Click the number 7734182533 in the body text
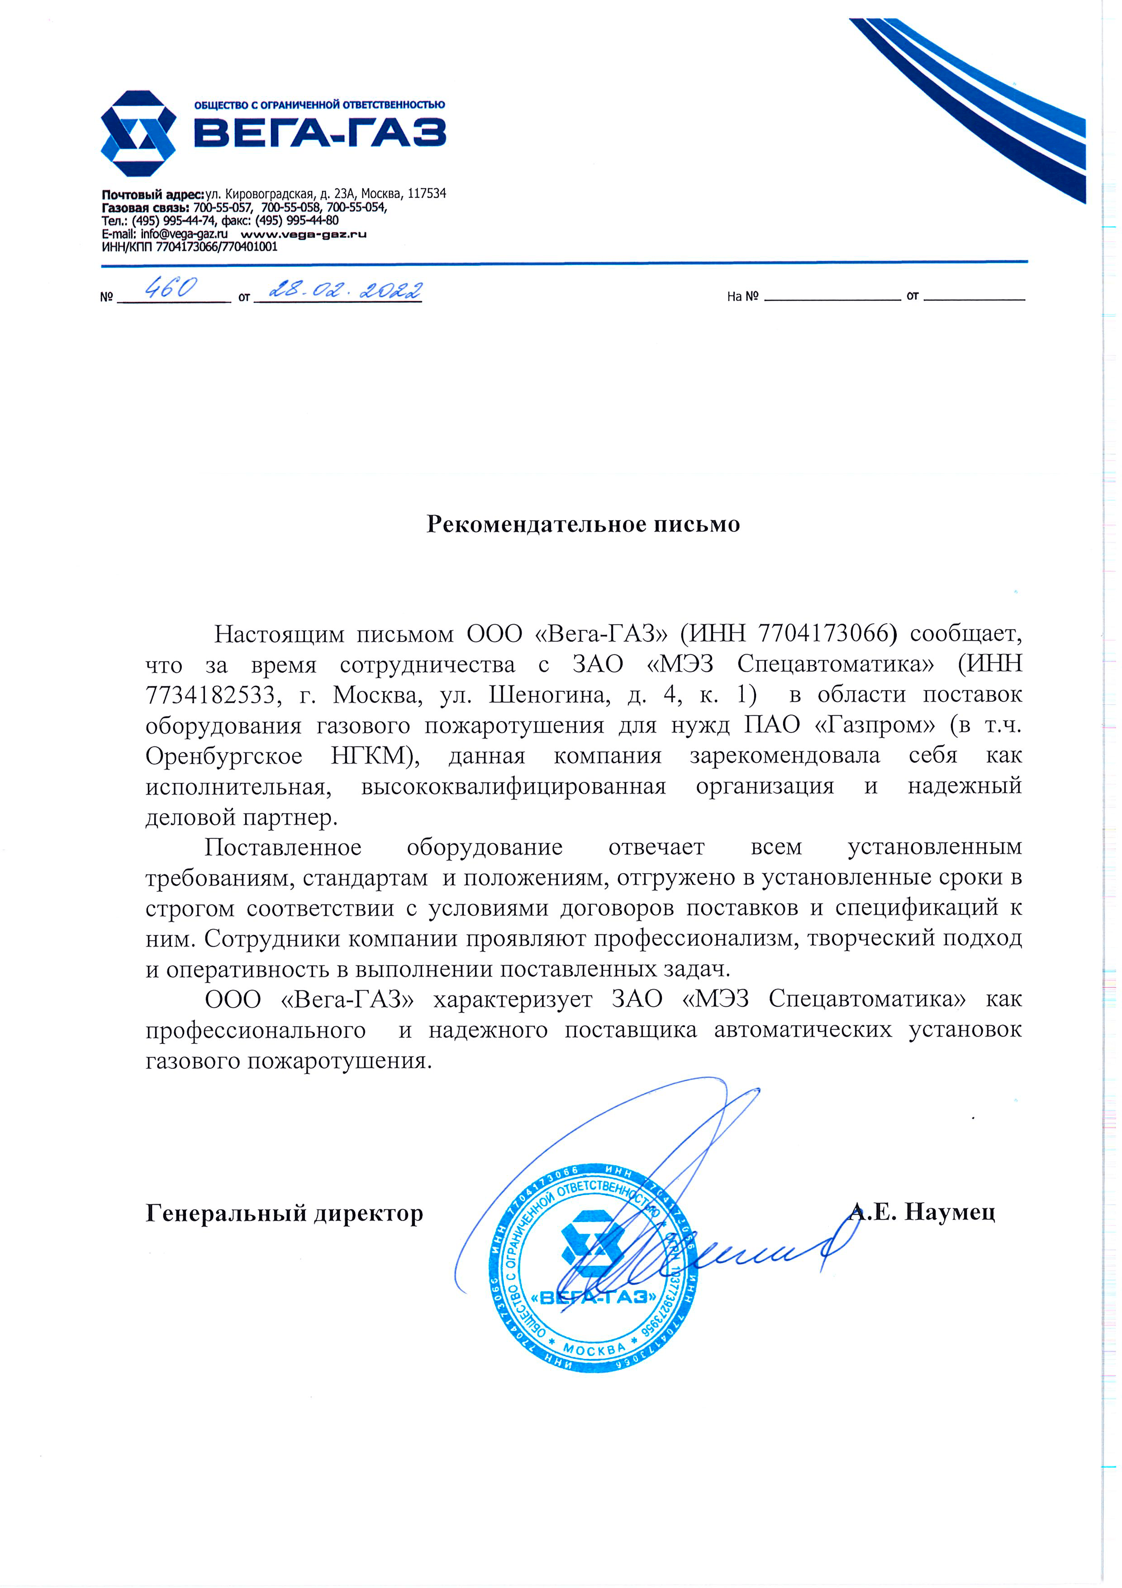210,694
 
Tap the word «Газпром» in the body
875,725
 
